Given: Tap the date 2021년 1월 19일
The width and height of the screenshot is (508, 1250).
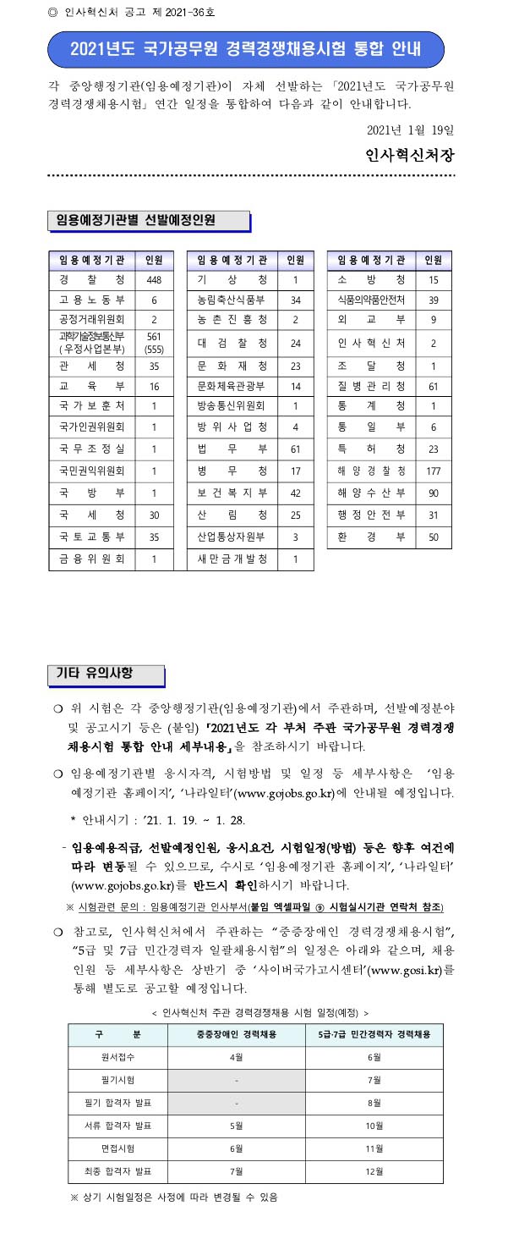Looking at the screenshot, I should coord(412,131).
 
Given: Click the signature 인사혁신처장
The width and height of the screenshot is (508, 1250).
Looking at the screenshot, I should coord(410,156).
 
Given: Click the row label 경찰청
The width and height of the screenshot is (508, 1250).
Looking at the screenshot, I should coord(92,280).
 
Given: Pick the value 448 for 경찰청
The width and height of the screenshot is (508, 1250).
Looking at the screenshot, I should coord(154,280).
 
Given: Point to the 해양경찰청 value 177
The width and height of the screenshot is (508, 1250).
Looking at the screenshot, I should coord(434,471).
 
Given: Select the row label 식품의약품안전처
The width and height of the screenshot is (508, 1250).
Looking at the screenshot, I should coord(371,300).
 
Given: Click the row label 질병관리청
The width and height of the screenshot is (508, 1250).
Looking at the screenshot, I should coord(371,387).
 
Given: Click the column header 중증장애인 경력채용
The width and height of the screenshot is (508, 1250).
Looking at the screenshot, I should coord(237,1034).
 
